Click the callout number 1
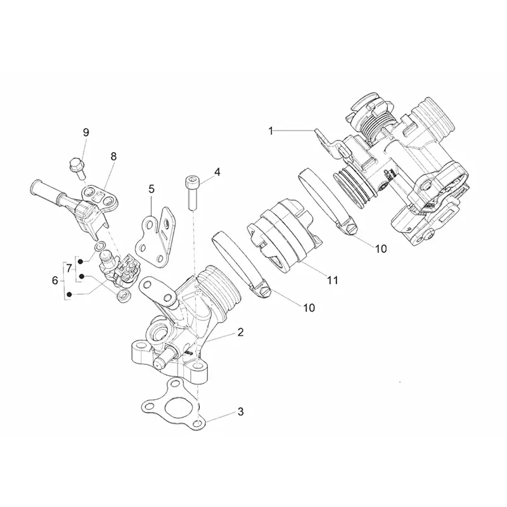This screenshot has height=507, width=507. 271,131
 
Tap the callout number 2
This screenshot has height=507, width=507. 240,332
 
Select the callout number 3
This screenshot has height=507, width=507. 241,411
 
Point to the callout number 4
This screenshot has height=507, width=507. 217,172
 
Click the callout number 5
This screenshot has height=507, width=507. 151,189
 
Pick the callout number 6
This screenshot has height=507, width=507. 55,280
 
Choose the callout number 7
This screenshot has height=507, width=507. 69,268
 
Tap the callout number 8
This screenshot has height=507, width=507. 113,157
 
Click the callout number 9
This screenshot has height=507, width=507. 86,132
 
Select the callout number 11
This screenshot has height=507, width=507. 333,280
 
